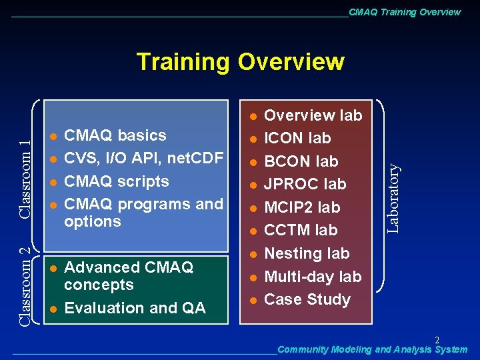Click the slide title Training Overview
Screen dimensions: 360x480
[x=240, y=62]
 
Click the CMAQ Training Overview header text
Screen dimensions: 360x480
[x=404, y=12]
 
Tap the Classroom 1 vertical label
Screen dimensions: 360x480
[x=25, y=179]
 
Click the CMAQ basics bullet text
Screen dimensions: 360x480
[x=115, y=135]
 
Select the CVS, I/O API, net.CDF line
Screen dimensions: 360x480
[x=143, y=158]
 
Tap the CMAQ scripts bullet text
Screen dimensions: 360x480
[x=116, y=181]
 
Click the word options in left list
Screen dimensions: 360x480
[x=92, y=221]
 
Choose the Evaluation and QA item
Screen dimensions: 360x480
[x=135, y=308]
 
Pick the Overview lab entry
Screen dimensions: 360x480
[x=313, y=115]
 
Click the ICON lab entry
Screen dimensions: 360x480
[x=297, y=139]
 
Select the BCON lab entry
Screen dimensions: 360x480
[x=301, y=161]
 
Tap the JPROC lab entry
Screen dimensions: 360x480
[x=305, y=184]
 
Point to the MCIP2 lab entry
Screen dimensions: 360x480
[x=302, y=207]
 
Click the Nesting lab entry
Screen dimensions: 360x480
[x=307, y=253]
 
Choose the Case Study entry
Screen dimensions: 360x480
[x=307, y=299]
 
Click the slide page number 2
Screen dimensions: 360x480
[x=437, y=340]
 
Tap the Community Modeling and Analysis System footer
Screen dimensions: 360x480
[x=372, y=349]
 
